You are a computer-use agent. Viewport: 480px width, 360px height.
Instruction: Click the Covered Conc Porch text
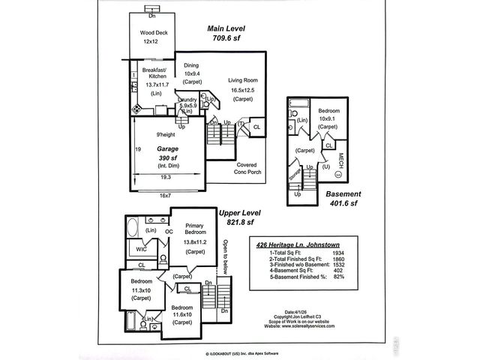pyautogui.click(x=247, y=169)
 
